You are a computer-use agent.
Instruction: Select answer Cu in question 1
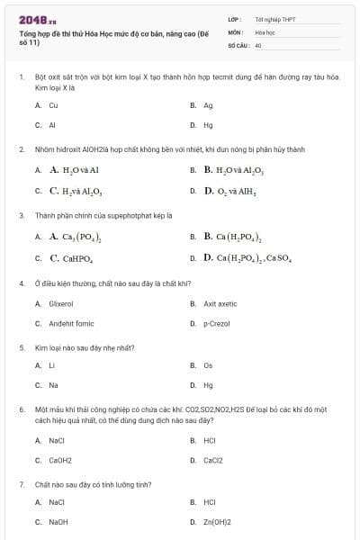(x=53, y=105)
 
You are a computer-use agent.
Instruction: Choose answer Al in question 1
(x=52, y=125)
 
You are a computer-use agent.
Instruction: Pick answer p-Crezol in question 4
(x=217, y=323)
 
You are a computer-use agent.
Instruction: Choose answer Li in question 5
(x=51, y=365)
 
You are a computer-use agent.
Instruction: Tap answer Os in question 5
(x=208, y=365)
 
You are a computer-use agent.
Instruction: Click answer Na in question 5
(x=53, y=385)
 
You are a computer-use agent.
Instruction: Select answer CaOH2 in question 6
(x=60, y=460)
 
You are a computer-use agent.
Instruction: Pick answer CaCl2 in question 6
(x=213, y=460)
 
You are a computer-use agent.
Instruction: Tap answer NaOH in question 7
(x=58, y=522)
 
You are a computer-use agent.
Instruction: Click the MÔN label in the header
(x=235, y=31)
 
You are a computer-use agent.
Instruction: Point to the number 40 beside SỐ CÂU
(x=258, y=44)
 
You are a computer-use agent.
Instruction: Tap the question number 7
(x=21, y=484)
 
